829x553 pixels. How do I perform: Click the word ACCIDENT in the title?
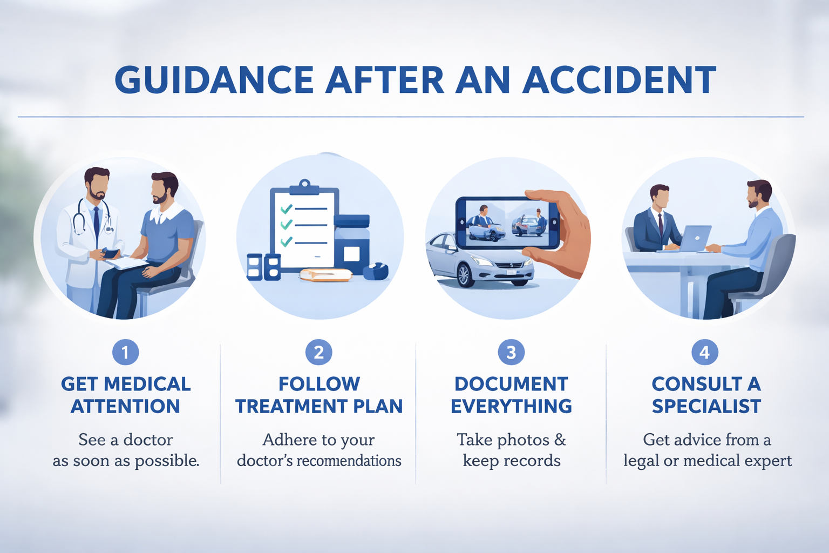pos(619,80)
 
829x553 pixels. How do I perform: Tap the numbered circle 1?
pos(125,353)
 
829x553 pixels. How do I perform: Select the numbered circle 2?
pos(318,353)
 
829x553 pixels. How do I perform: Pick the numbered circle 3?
pos(511,353)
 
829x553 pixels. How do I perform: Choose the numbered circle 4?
pos(704,353)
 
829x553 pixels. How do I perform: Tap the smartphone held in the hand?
pos(507,222)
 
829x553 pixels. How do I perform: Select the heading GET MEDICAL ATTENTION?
pos(125,395)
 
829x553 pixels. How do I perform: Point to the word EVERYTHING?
pos(511,406)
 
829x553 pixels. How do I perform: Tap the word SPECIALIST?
pos(706,406)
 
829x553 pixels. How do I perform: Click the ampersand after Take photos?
pos(560,440)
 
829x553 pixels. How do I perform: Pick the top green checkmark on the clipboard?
pos(286,208)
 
